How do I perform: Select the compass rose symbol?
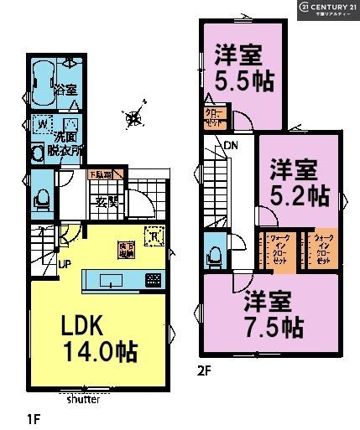pyautogui.click(x=133, y=118)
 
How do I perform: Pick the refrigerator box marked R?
pyautogui.click(x=153, y=237)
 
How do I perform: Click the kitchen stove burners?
pyautogui.click(x=154, y=280)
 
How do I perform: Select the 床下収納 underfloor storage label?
pyautogui.click(x=127, y=247)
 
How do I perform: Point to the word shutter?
pyautogui.click(x=82, y=399)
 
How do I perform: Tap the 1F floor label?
pyautogui.click(x=31, y=417)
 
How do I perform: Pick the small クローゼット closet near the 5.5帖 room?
pyautogui.click(x=214, y=117)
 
